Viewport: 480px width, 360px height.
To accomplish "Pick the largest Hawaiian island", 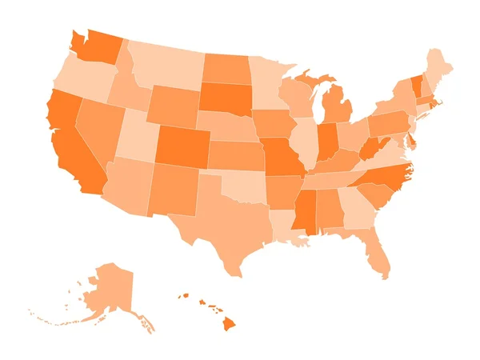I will coord(229,323).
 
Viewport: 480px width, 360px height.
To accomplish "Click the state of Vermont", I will coord(416,83).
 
